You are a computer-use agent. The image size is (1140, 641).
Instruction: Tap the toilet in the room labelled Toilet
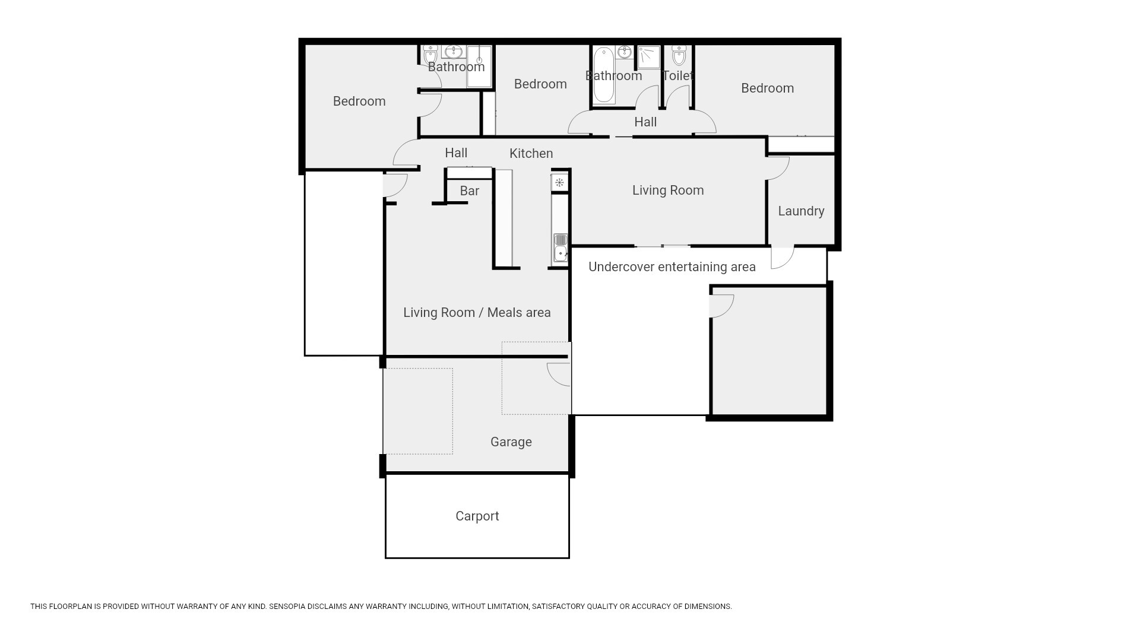coord(679,55)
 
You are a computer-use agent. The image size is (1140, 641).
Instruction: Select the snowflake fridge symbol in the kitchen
coord(559,182)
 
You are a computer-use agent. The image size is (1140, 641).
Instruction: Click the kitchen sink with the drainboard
coord(560,248)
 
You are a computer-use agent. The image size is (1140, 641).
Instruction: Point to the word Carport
coord(477,516)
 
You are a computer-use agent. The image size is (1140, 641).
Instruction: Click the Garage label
coord(511,442)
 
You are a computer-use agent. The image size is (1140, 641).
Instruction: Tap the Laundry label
coord(801,211)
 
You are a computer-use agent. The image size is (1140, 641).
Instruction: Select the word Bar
coord(469,191)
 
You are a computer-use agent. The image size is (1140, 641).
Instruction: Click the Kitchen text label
coord(531,154)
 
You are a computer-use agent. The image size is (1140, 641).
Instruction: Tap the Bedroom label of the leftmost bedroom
coord(359,101)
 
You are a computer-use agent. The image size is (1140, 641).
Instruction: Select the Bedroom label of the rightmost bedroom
coord(768,88)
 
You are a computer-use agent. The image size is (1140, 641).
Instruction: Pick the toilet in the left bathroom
coord(431,55)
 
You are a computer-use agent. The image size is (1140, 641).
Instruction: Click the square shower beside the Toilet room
coord(649,58)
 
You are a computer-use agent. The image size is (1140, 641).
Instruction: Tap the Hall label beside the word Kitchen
coord(456,153)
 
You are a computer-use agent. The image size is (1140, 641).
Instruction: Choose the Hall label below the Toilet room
coord(645,122)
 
